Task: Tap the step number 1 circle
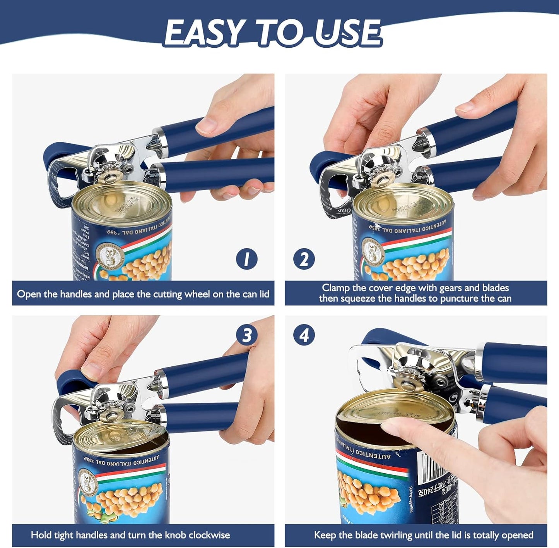pos(246,259)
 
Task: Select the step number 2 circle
pos(304,259)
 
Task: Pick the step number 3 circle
pos(247,335)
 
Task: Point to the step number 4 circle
pos(304,335)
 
